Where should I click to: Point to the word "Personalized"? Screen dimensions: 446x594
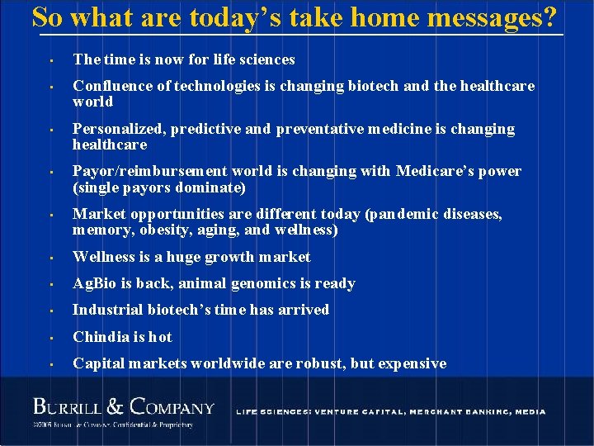(114, 129)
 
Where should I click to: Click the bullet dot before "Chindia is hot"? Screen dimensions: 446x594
(51, 338)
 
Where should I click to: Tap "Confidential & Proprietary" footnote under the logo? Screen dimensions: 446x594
(152, 425)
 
